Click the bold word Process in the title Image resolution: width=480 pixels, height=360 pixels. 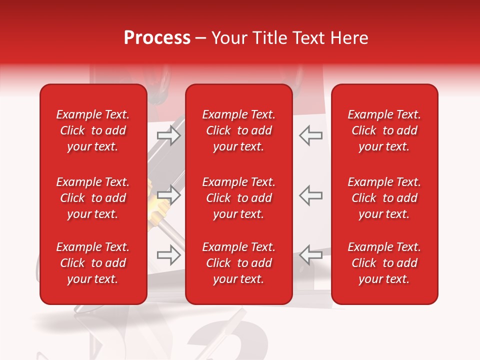(x=157, y=38)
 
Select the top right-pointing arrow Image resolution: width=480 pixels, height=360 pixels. (x=169, y=136)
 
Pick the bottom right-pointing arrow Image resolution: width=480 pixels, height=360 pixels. (x=169, y=255)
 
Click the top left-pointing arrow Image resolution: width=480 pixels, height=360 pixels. (x=310, y=136)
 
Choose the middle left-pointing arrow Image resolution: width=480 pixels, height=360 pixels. (x=310, y=195)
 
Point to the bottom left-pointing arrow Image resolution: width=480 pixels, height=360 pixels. (x=310, y=255)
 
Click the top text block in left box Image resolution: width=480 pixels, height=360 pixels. (x=93, y=130)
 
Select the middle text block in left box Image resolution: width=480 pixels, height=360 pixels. (x=93, y=198)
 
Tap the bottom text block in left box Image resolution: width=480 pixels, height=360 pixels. (x=93, y=263)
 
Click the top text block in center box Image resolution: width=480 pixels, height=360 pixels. (x=239, y=130)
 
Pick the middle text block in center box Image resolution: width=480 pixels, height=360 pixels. (x=239, y=198)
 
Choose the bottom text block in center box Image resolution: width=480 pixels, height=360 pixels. (x=239, y=263)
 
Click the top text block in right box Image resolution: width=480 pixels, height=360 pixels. (x=384, y=130)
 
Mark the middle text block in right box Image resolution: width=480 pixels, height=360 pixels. (x=384, y=198)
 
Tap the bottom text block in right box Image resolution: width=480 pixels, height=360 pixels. (x=384, y=263)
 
